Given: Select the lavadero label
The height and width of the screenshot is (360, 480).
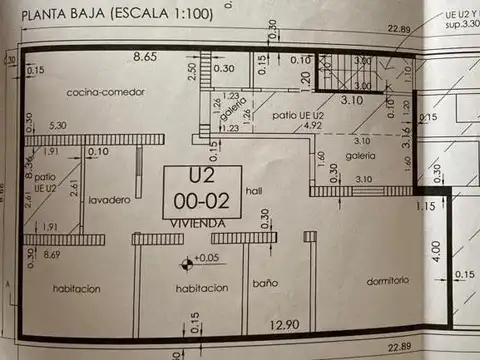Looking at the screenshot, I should click(108, 201).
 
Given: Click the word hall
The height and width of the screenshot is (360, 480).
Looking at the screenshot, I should click(255, 190).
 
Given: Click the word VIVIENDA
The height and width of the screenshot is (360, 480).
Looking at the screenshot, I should click(198, 223).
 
